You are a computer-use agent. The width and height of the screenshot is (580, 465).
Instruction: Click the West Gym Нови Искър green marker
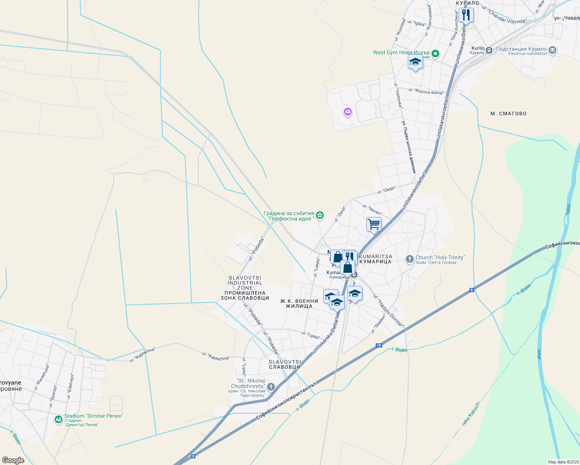[x=435, y=53]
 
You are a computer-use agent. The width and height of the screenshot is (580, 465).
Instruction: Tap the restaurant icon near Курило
[x=466, y=15]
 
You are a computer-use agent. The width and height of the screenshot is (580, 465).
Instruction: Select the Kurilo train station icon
[x=489, y=50]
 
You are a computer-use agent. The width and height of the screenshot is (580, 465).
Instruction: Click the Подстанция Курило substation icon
[x=553, y=50]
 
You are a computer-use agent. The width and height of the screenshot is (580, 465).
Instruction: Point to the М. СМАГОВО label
[x=508, y=114]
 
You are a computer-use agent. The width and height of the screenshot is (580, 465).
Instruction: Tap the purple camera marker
[x=347, y=112]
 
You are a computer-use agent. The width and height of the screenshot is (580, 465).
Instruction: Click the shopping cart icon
[x=374, y=224]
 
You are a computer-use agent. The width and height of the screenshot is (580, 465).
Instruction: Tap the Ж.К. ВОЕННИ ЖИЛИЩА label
[x=299, y=303]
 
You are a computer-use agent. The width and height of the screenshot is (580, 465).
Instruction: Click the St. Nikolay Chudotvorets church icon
[x=271, y=387]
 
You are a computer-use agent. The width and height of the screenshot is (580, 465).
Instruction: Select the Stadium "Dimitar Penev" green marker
[x=59, y=419]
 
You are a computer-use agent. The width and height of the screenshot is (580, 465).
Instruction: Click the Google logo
[x=13, y=460]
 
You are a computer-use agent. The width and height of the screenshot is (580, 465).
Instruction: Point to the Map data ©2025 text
[x=563, y=462]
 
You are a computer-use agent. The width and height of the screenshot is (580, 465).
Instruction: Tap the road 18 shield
[x=379, y=345]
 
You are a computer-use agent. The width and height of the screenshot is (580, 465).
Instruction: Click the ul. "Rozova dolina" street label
[x=426, y=91]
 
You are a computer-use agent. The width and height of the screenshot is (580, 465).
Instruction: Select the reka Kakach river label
[x=471, y=414]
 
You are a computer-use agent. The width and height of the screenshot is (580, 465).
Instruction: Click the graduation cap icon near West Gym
[x=415, y=62]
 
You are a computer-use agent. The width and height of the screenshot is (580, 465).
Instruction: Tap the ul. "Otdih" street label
[x=386, y=190]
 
